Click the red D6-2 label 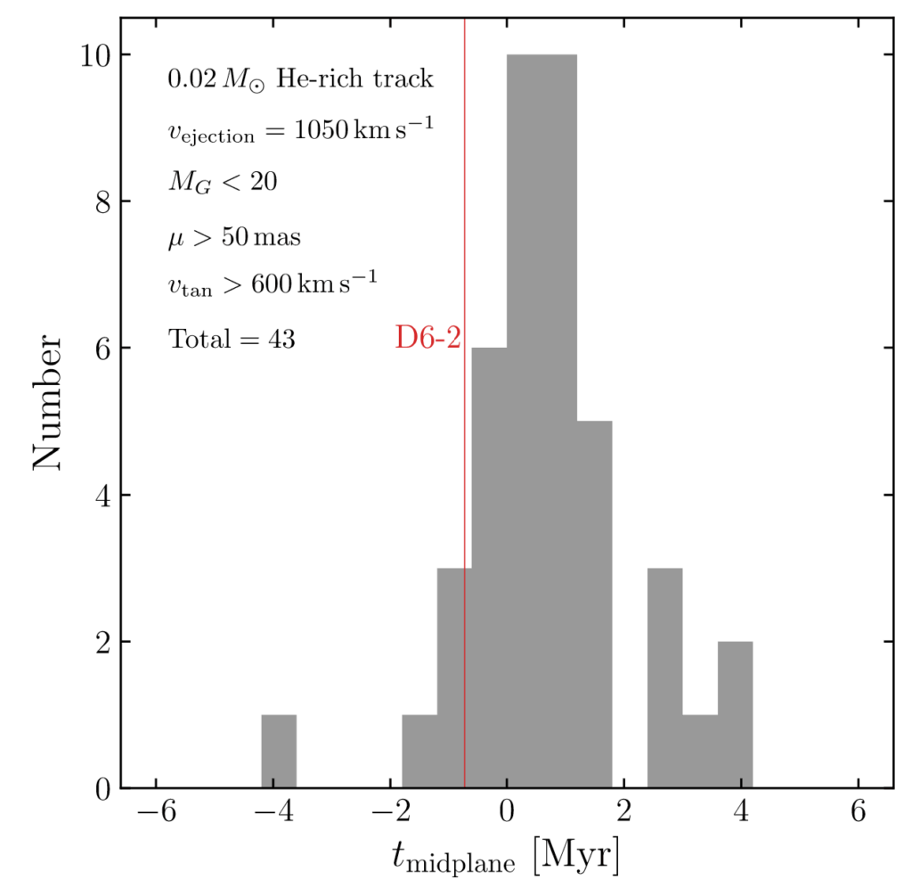(427, 339)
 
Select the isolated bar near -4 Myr (279, 751)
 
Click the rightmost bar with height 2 (735, 714)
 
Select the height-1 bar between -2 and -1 (419, 751)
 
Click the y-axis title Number (49, 402)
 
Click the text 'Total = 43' (232, 339)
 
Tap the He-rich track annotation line (300, 79)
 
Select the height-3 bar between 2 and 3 (664, 678)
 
